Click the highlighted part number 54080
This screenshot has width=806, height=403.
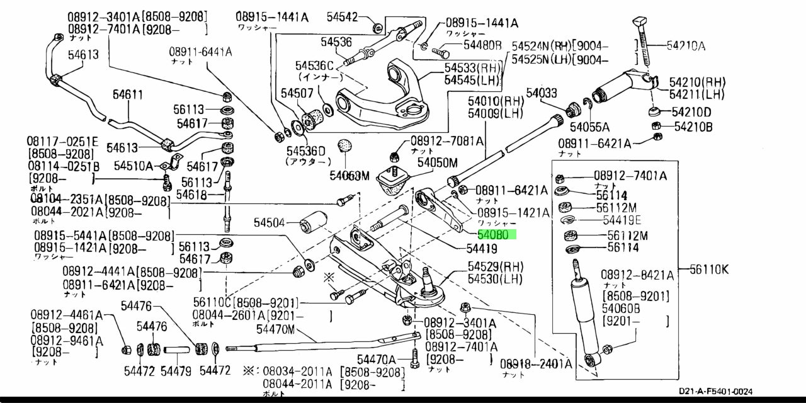[x=497, y=234]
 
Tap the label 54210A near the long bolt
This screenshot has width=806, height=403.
[x=686, y=45]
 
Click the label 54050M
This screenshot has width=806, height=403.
[x=437, y=162]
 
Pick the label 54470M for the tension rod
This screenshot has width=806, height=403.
[x=275, y=329]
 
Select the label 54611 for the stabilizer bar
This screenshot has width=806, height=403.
[x=128, y=95]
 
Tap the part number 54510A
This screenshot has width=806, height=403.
[x=133, y=166]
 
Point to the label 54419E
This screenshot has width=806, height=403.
[x=622, y=220]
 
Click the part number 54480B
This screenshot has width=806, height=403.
[x=482, y=45]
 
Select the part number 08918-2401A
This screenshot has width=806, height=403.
[x=536, y=363]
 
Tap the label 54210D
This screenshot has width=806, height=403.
[x=691, y=113]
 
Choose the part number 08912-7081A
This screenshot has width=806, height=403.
[x=447, y=142]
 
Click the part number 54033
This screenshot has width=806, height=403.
[x=542, y=93]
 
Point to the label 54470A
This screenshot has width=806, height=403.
[x=376, y=359]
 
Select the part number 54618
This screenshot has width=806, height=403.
[x=191, y=195]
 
